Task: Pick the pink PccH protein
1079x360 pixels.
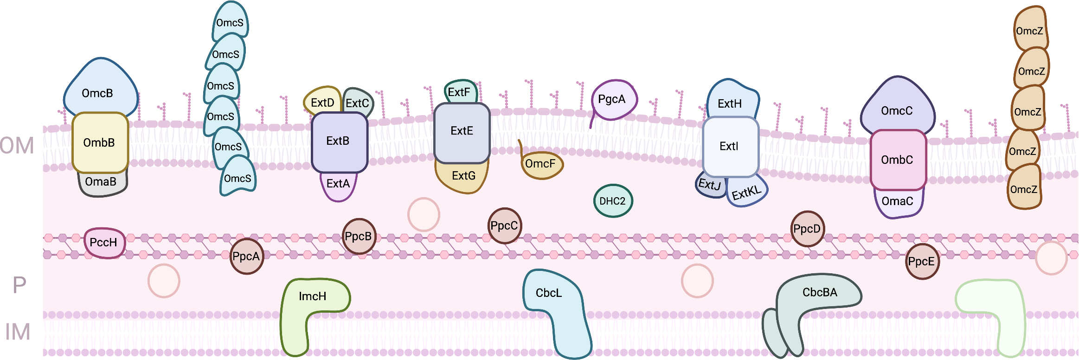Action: pos(104,243)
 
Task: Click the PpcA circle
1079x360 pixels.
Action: pos(246,257)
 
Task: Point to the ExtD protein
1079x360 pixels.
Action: pos(322,101)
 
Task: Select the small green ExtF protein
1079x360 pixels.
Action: pos(459,91)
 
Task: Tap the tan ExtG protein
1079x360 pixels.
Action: pos(462,177)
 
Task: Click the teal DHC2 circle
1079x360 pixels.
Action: pos(613,201)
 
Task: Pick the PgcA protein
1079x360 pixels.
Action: pos(613,100)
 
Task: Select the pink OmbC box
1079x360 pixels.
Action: pos(898,160)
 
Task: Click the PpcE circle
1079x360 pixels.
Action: pos(922,262)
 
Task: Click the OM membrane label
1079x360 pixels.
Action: pos(17,146)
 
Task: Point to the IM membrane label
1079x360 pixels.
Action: pos(18,332)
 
